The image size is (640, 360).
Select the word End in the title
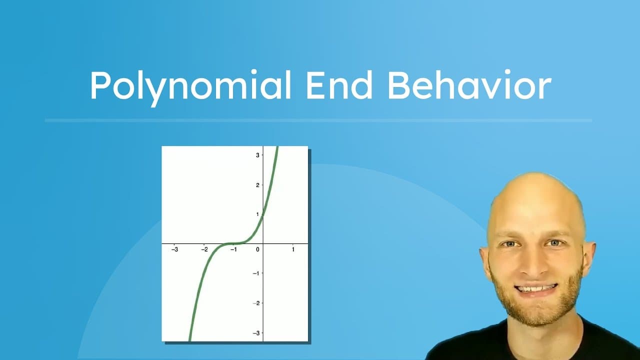pos(339,85)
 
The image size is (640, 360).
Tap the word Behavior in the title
pos(468,85)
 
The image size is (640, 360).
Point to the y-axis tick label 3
pos(258,155)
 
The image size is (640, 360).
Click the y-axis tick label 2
pos(258,185)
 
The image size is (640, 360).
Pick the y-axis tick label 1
pos(258,214)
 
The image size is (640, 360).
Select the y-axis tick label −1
pos(256,273)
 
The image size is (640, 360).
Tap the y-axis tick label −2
pos(256,303)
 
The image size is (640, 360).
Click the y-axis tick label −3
pos(256,333)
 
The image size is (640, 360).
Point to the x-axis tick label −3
pos(174,249)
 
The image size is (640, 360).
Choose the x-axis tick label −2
pos(204,249)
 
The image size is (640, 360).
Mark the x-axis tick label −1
pos(233,249)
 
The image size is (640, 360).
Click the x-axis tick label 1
pos(293,249)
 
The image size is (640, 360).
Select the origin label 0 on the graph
pos(258,249)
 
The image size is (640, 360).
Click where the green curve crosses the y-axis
pos(263,214)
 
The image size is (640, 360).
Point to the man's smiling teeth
pos(535,289)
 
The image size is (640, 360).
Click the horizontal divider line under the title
pos(318,120)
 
